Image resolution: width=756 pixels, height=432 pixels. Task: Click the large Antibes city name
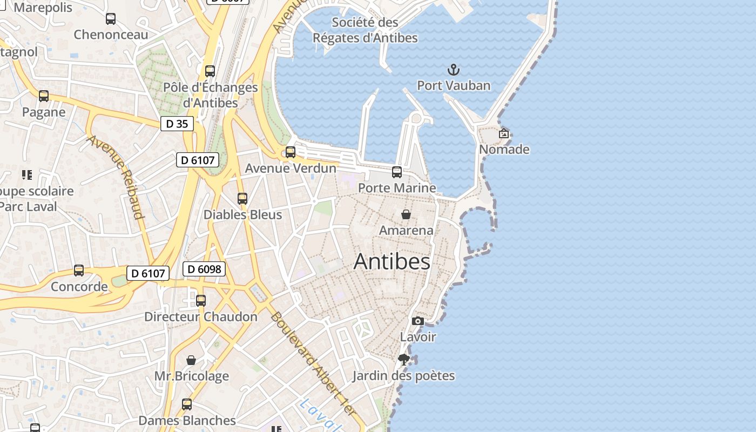click(392, 262)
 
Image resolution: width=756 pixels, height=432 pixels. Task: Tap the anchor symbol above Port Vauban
click(454, 69)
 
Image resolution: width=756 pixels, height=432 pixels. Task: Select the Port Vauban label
click(454, 85)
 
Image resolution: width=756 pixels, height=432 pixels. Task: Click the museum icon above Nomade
click(504, 133)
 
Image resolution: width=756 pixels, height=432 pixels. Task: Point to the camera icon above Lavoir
click(417, 321)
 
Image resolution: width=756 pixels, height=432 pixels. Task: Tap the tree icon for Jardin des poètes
click(403, 360)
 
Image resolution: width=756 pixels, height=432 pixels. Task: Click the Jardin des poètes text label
click(403, 376)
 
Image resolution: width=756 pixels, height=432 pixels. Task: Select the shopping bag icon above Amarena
click(406, 214)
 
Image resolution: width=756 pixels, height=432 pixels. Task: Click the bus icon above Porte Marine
click(397, 172)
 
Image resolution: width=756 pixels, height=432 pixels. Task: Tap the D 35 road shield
click(177, 124)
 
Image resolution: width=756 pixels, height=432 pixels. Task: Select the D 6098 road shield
click(204, 269)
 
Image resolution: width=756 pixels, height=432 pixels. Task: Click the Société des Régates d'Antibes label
click(365, 30)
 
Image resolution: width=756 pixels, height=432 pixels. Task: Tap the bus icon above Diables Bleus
click(242, 199)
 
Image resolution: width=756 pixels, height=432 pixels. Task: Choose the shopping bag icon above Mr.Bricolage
click(191, 360)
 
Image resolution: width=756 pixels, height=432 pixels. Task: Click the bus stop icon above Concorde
click(79, 271)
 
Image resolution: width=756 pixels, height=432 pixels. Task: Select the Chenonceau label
click(111, 35)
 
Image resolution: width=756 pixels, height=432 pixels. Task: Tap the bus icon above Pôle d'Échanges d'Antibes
click(210, 71)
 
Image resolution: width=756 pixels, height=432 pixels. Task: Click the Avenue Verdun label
click(291, 168)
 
